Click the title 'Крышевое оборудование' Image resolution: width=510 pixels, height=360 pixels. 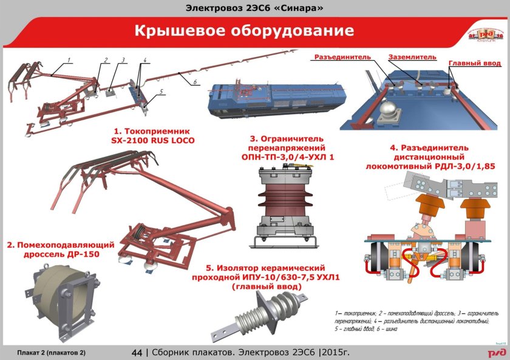click(x=243, y=30)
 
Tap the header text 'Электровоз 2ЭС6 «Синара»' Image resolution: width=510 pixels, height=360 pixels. click(x=254, y=8)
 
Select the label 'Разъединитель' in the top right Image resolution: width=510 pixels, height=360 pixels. click(x=342, y=57)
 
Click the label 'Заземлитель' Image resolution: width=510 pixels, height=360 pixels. click(x=412, y=57)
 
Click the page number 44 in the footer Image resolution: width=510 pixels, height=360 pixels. click(x=137, y=352)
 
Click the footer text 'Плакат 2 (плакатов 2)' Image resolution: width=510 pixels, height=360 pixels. click(x=52, y=353)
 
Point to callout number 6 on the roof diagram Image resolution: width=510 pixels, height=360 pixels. click(x=194, y=81)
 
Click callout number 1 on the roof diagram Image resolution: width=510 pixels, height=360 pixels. click(x=69, y=59)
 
